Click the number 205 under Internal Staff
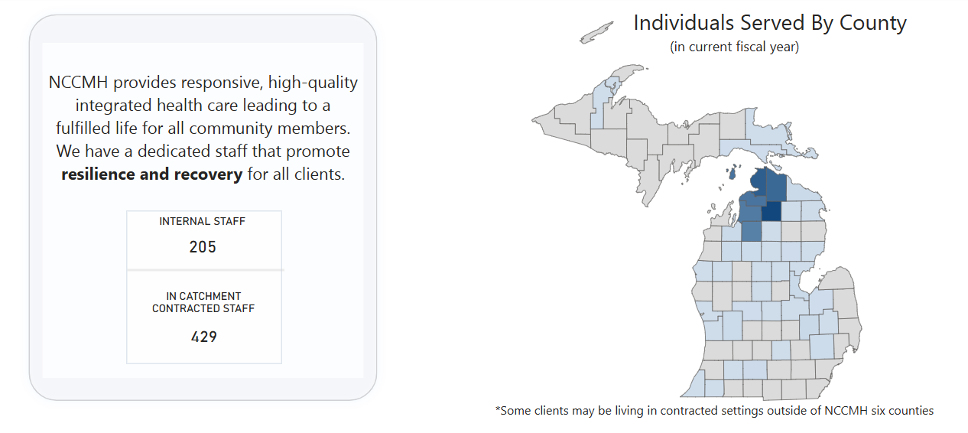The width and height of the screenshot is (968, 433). point(203,247)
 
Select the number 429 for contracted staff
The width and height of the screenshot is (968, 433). point(204,337)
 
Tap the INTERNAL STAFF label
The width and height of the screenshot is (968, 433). point(203,222)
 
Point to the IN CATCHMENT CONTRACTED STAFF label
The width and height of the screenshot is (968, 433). point(203,302)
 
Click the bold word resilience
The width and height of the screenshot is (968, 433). point(98,174)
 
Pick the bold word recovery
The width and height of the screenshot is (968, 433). point(208,175)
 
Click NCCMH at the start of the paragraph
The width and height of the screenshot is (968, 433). point(78,82)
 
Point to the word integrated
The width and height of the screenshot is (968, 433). point(113,106)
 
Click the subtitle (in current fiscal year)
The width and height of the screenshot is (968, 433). point(734,47)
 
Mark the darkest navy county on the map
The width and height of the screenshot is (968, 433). point(771,211)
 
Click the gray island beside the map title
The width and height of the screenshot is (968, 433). point(596,33)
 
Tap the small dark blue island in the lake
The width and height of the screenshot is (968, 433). point(732,174)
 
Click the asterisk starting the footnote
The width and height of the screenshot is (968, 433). point(498,408)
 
